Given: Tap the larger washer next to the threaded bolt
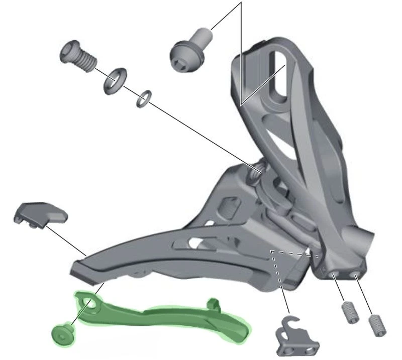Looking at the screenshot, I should click(115, 81).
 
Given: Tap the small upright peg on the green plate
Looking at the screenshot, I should click(213, 303).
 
